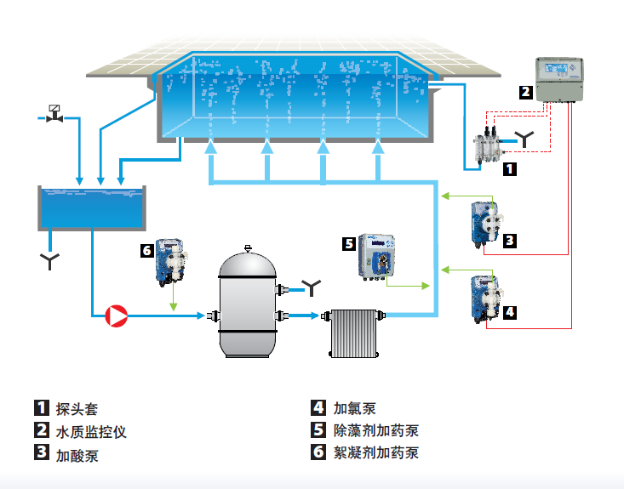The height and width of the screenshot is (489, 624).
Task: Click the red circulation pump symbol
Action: [x=115, y=317]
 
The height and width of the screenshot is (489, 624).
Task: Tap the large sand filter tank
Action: [x=247, y=304]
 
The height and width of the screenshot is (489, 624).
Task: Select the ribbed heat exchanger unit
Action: [x=353, y=333]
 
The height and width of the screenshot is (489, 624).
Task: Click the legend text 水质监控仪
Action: [x=91, y=431]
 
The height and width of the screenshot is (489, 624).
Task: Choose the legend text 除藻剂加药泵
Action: [x=375, y=431]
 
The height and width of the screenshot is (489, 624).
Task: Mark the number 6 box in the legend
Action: [x=318, y=452]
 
